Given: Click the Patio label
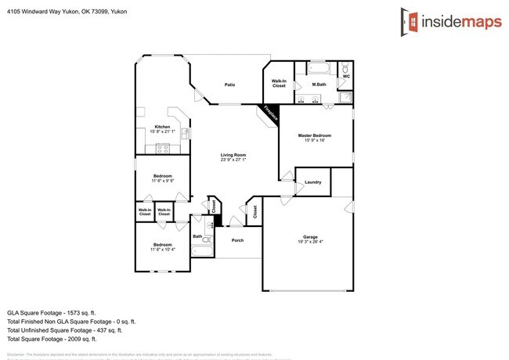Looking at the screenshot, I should coord(230,85).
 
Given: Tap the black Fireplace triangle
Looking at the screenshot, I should coord(271,113).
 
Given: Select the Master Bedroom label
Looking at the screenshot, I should coord(316,135).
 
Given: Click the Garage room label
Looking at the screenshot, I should coord(310,236).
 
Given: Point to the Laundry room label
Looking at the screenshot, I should coord(314,182).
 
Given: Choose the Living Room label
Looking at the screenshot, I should coord(233,155).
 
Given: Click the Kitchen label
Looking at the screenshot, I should coord(162,127).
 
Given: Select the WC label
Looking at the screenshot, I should coord(346,77).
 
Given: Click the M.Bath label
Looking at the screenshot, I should coord(319,84).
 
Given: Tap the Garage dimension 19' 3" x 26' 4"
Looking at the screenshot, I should coord(310,242).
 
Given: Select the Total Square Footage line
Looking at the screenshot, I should coord(52,339).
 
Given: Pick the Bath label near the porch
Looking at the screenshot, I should coord(197,236).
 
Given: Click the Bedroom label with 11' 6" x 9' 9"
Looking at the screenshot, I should coord(162,175).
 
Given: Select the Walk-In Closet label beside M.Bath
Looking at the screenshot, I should coord(279,83).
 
